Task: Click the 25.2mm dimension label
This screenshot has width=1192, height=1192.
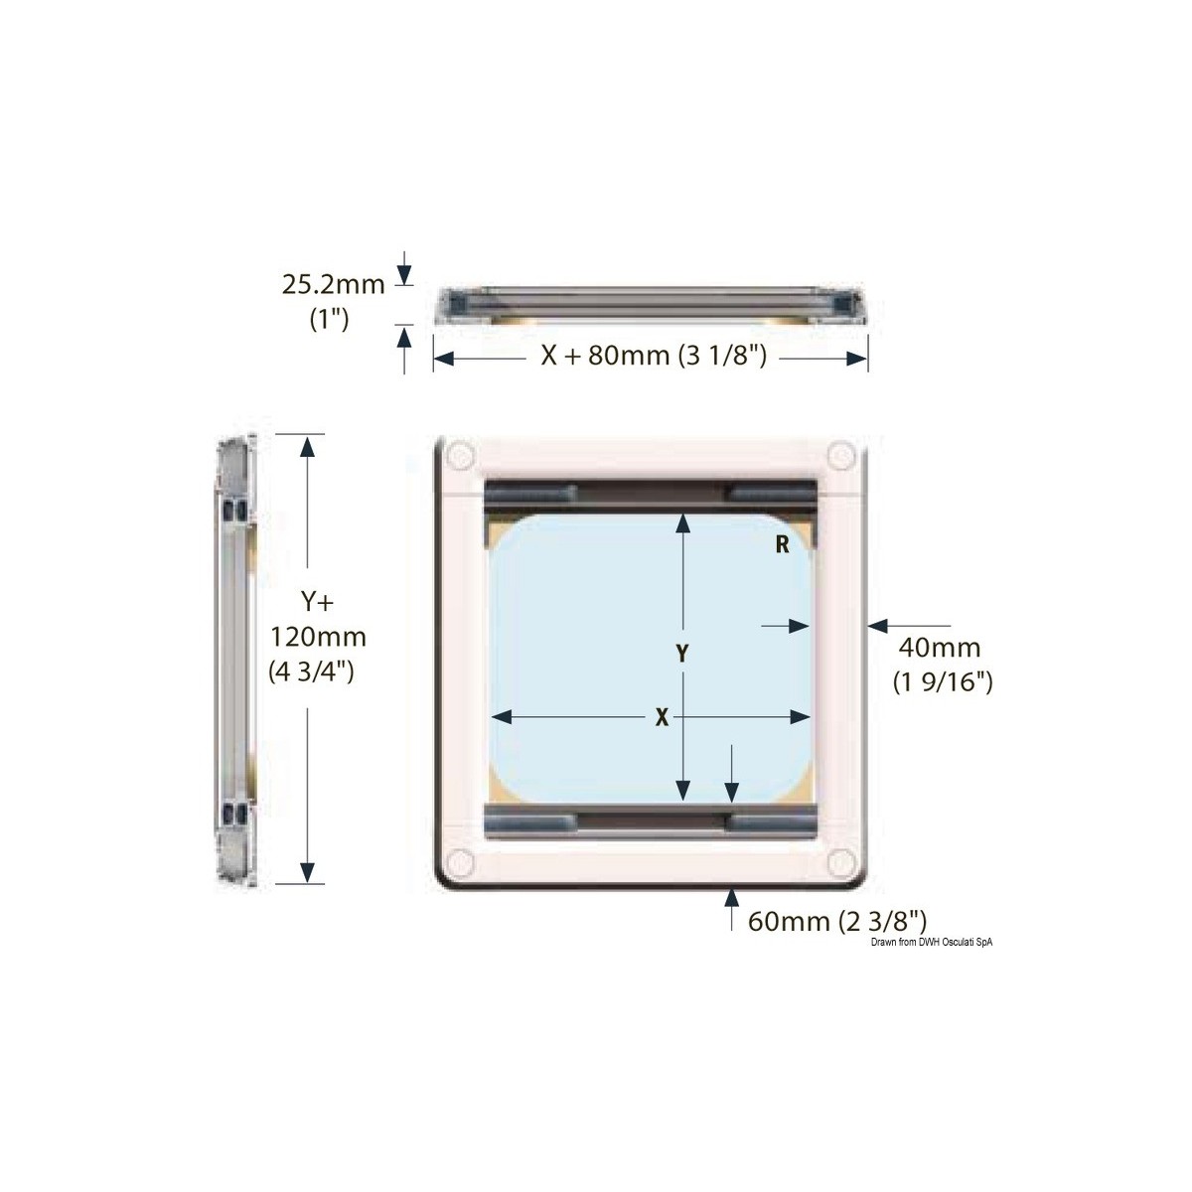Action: (x=333, y=286)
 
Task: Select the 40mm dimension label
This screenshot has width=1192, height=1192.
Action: (x=939, y=649)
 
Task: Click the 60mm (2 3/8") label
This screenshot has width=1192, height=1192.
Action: (x=837, y=921)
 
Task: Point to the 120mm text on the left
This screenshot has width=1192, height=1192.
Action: (x=318, y=636)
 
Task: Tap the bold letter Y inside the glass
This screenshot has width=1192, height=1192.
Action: (x=682, y=654)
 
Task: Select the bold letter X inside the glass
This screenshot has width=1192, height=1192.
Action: (x=661, y=718)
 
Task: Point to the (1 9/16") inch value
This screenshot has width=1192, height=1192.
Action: (x=939, y=682)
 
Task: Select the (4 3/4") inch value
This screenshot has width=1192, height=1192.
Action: (x=312, y=671)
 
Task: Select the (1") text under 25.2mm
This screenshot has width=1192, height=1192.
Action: (x=329, y=319)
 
